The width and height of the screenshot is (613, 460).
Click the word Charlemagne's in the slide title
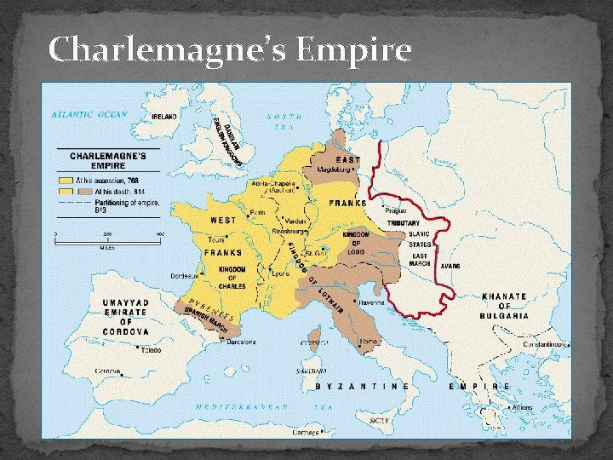click(x=167, y=50)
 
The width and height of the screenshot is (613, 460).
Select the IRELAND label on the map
click(x=165, y=116)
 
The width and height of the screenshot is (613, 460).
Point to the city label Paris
click(x=259, y=212)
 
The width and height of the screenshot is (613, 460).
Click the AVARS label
click(x=450, y=266)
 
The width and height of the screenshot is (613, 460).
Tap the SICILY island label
click(x=380, y=420)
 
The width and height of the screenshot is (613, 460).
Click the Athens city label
click(x=522, y=407)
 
